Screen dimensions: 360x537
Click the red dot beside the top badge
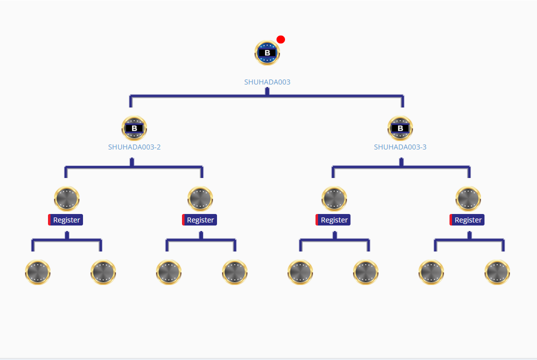[x=281, y=39]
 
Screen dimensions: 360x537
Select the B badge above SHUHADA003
[x=267, y=52]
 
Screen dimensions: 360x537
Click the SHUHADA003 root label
[x=267, y=82]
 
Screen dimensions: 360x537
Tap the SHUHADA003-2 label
[x=134, y=147]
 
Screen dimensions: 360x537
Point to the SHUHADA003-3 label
[x=400, y=147]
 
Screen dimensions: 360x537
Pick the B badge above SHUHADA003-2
[x=134, y=128]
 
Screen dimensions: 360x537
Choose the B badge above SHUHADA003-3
[x=400, y=128]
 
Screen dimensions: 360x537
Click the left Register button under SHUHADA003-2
[x=66, y=220]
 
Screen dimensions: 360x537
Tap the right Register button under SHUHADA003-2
[x=200, y=220]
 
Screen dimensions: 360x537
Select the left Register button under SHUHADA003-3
[x=333, y=220]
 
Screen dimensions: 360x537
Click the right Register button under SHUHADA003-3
[x=467, y=220]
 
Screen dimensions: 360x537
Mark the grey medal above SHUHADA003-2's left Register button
[x=66, y=198]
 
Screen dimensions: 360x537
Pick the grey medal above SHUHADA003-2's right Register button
[x=200, y=198]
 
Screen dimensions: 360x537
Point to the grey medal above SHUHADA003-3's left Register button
[x=334, y=198]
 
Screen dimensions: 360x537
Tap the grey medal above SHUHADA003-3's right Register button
[x=468, y=198]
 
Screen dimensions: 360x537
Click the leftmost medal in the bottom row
[x=38, y=272]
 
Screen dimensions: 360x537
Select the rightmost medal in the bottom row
[x=497, y=272]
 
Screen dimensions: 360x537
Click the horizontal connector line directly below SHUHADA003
[x=200, y=95]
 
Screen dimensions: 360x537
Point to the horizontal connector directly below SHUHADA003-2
[x=100, y=166]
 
